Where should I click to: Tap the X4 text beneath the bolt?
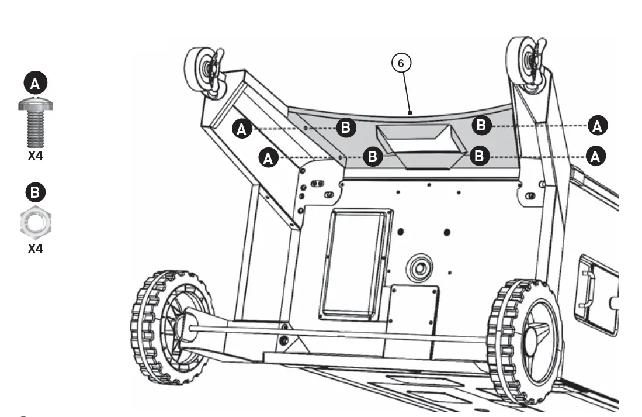(36, 156)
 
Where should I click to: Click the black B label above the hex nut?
(35, 192)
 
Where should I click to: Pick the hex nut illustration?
(36, 222)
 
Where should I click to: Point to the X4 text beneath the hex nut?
(36, 249)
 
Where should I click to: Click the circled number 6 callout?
(401, 63)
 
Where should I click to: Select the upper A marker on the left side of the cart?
(242, 129)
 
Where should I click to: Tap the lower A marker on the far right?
(596, 156)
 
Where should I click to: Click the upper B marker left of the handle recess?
(346, 127)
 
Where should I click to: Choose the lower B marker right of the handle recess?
(479, 156)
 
